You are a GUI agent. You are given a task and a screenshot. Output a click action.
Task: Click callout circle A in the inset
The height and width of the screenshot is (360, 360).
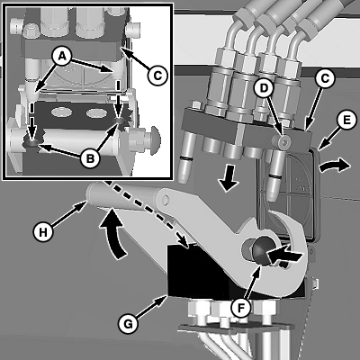point(62,57)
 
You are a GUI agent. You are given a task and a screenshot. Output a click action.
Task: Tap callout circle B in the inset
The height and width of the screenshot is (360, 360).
point(90,157)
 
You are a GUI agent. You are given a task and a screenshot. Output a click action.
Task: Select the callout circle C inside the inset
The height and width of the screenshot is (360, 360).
point(157,75)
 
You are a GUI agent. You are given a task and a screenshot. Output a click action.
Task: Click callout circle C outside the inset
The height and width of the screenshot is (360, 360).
point(325,79)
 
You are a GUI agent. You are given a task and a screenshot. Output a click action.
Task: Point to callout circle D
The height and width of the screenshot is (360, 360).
point(264,88)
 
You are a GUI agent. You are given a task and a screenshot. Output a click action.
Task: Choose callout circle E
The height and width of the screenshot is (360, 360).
point(346,120)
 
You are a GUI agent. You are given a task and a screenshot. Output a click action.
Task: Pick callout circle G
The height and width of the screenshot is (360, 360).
point(128,324)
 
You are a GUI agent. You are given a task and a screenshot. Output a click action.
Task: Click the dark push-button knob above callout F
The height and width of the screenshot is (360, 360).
point(260,251)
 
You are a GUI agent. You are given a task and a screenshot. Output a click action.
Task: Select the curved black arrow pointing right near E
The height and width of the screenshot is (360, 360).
point(335,166)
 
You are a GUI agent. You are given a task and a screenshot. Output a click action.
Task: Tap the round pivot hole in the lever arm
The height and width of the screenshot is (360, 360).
point(166,199)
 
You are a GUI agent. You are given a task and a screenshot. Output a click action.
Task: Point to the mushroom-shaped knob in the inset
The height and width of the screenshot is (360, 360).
point(155,140)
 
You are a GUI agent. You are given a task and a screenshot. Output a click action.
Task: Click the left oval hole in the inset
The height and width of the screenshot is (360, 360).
point(61,112)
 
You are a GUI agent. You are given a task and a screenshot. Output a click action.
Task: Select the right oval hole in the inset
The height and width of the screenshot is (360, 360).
point(96,113)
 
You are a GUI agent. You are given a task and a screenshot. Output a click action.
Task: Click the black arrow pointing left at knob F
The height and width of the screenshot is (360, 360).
point(283,255)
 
